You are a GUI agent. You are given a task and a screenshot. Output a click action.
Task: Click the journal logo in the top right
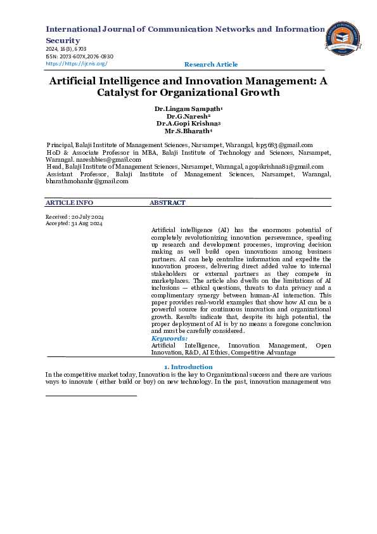click(343, 39)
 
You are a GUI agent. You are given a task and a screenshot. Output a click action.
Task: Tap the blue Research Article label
click(211, 65)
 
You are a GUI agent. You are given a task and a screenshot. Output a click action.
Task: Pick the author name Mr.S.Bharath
click(188, 132)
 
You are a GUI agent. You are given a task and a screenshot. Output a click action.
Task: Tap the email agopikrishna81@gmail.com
click(284, 167)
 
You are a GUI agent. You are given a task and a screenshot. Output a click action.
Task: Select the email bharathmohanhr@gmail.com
click(87, 181)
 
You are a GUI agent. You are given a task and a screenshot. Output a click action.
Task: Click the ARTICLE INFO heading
click(69, 203)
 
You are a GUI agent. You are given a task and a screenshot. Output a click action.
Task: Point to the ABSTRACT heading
click(167, 203)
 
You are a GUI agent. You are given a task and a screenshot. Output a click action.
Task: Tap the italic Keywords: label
click(169, 339)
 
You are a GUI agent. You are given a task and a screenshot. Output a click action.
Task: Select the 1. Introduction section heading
click(188, 367)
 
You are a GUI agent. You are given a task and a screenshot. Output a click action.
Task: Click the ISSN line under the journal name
click(79, 56)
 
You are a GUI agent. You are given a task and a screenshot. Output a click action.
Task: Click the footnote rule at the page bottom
click(91, 396)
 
